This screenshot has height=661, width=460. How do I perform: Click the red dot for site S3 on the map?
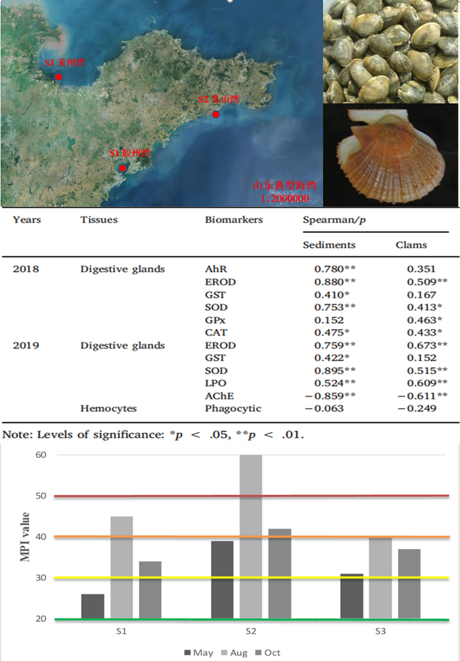pos(59,77)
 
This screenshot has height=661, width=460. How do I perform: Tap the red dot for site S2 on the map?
pos(215,114)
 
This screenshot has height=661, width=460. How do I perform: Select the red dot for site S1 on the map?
pos(122,168)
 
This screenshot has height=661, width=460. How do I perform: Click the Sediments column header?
pos(329,245)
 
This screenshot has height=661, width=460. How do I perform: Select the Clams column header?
pos(411,245)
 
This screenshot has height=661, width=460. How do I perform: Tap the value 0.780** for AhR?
pos(335,269)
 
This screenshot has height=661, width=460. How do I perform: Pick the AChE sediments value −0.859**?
pos(331,396)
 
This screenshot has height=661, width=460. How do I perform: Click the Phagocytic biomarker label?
pos(233,409)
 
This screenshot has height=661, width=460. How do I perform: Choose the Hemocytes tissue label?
pos(108,409)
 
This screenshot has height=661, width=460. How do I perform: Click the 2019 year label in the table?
pos(26,345)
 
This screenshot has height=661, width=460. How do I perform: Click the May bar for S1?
pos(93,606)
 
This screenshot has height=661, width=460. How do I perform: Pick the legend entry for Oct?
pos(266,653)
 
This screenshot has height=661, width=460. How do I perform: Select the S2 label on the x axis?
pos(251,632)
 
